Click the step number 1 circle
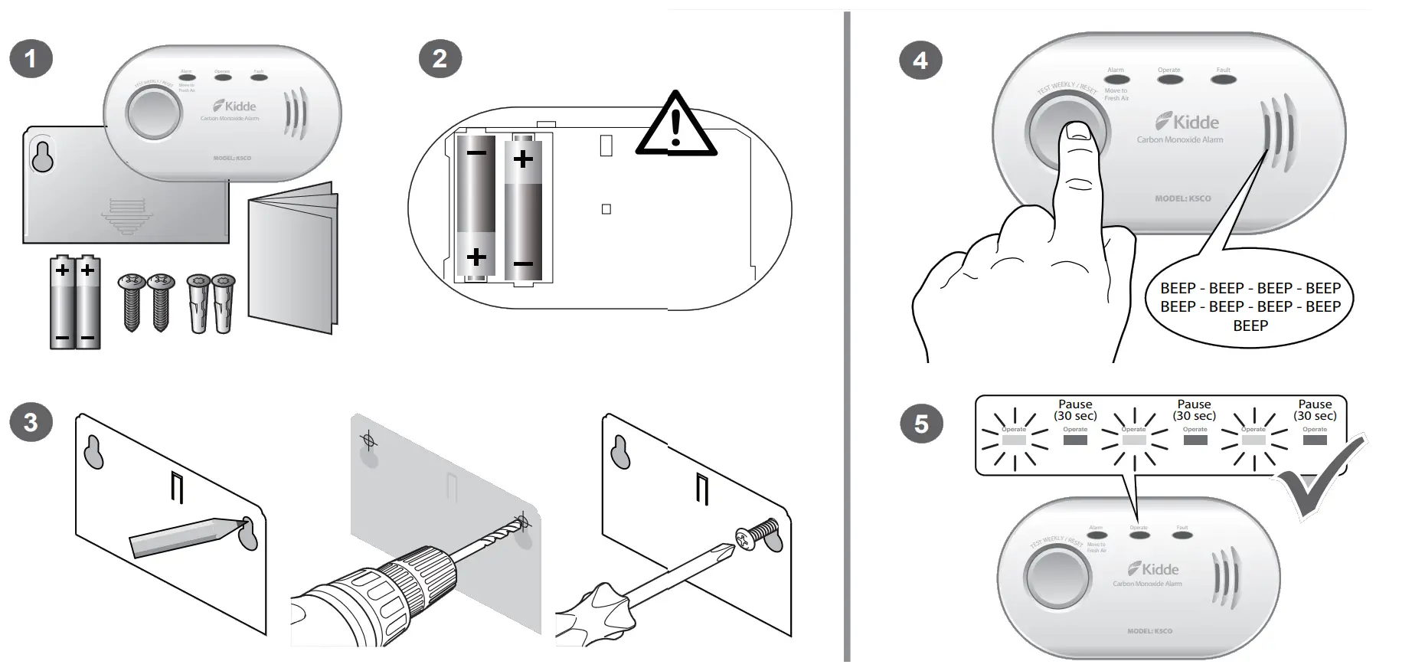click(x=31, y=58)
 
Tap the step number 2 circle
click(x=440, y=58)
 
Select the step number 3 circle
click(x=31, y=423)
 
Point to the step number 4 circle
click(x=920, y=60)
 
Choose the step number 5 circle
click(x=920, y=424)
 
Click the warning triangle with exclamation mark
click(x=675, y=127)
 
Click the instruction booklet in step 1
click(x=292, y=260)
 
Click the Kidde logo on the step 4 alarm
click(x=1187, y=122)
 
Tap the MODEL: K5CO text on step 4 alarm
click(x=1183, y=198)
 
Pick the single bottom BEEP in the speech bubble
click(x=1250, y=326)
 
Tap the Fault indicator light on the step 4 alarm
click(x=1224, y=78)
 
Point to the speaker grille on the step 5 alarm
click(x=1224, y=579)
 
